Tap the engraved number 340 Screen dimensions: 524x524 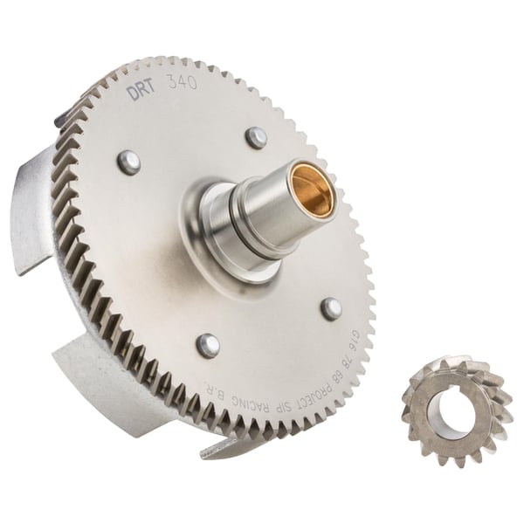click(181, 86)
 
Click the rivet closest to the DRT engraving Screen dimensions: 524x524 click(129, 161)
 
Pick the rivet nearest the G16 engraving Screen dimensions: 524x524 click(331, 308)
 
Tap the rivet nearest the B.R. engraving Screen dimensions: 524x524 click(208, 345)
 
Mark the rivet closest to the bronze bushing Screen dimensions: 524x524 click(256, 137)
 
